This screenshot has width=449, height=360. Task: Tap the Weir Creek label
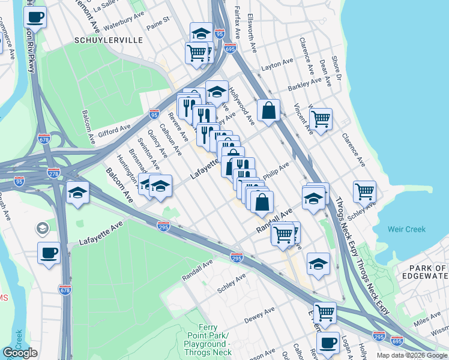click(406, 229)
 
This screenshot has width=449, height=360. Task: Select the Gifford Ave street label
click(116, 128)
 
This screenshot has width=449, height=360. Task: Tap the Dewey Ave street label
click(259, 311)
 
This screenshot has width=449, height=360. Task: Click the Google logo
click(20, 353)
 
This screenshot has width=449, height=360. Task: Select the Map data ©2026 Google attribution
click(412, 355)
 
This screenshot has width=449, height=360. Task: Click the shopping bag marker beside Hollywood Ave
click(269, 110)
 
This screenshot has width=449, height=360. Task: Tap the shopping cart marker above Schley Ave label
click(364, 191)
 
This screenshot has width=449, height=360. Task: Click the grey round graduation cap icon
click(42, 228)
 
